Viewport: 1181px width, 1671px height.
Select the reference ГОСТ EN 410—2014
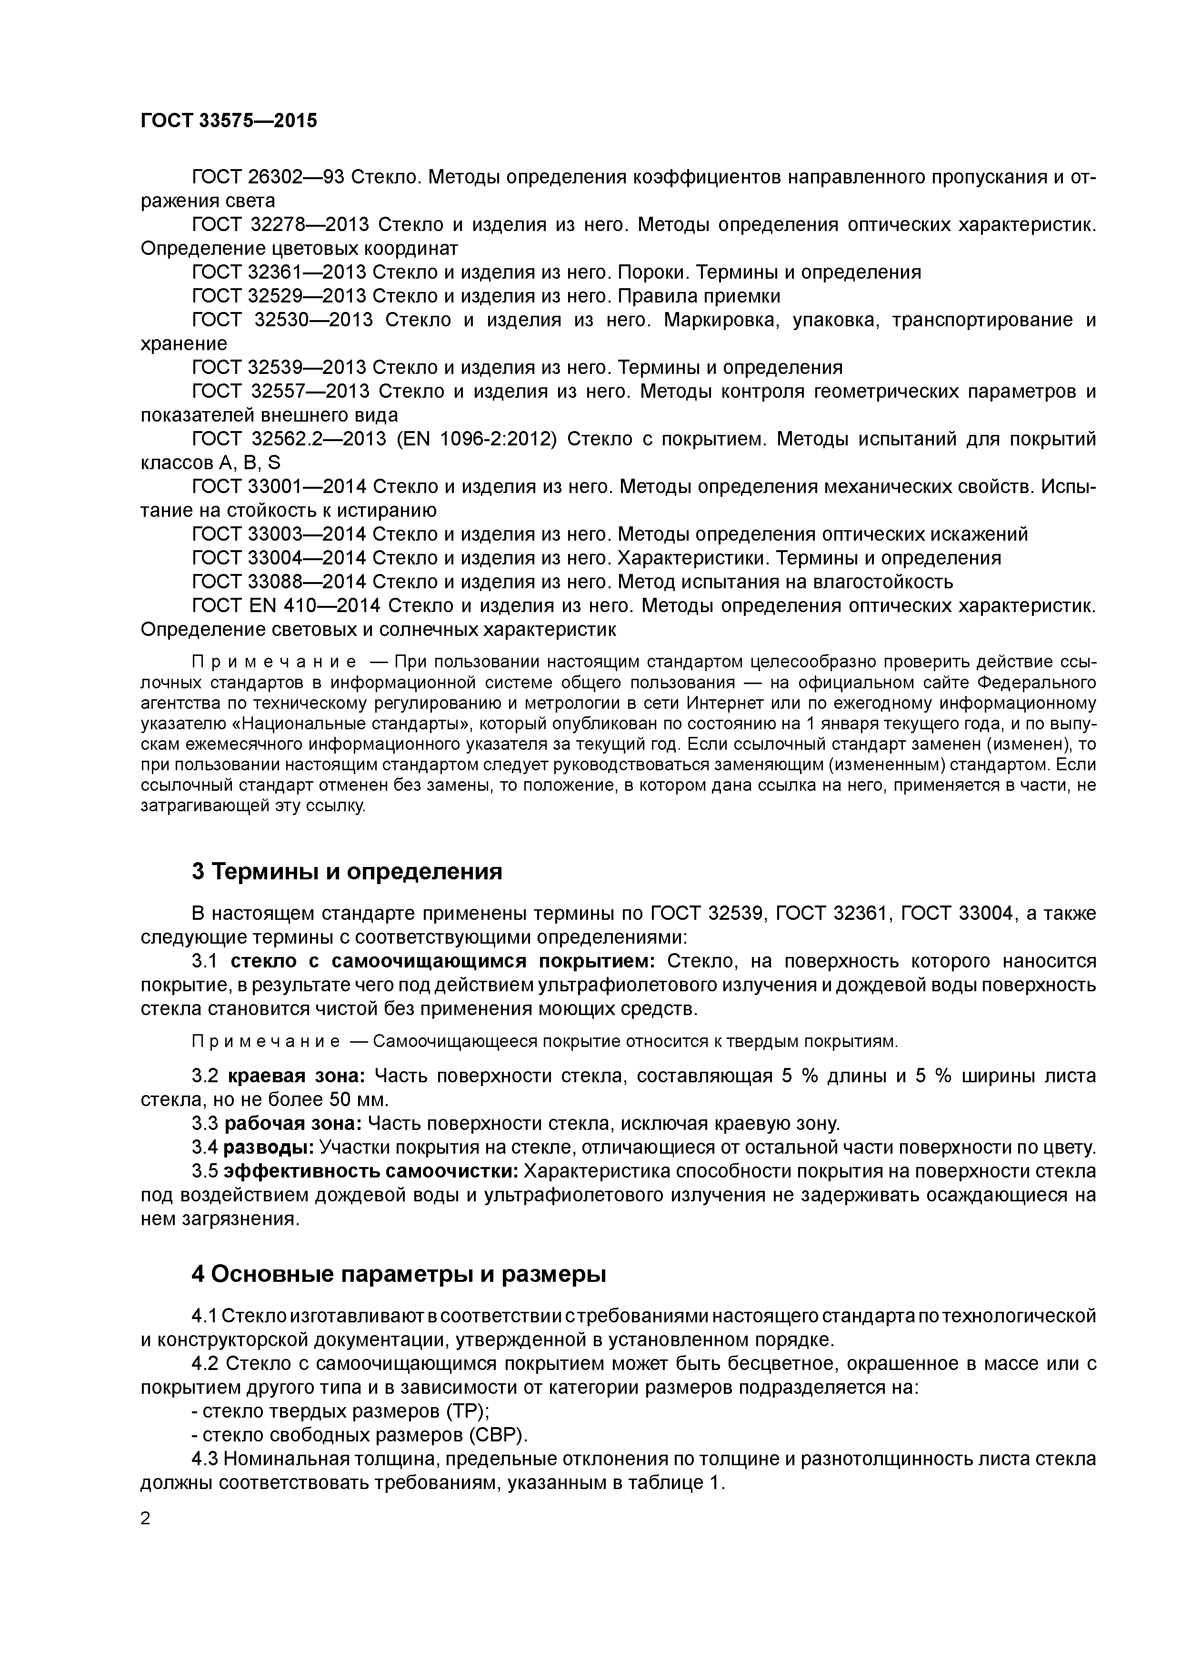pos(284,605)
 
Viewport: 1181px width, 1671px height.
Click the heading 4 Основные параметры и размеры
pos(399,1273)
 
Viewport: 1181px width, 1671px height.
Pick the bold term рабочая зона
pos(292,1123)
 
